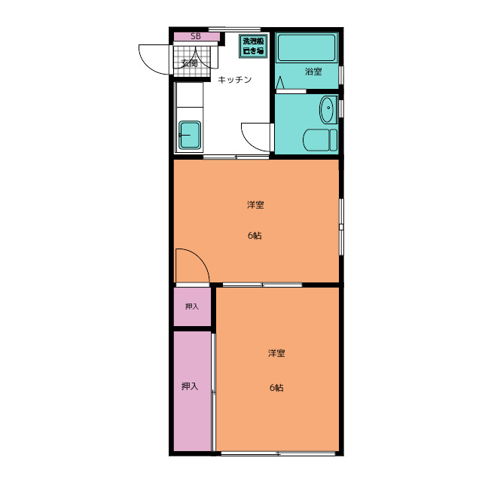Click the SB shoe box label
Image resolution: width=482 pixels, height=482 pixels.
coord(196,36)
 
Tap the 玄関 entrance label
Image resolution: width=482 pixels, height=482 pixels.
coord(189,63)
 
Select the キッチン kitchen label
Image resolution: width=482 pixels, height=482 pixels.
coord(234,80)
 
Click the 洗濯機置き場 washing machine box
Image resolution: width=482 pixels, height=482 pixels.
coord(253,46)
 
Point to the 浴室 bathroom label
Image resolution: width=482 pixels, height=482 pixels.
coord(313,72)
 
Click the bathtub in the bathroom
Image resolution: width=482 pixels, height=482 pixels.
coord(307,48)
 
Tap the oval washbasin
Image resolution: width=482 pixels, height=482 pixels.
coord(328,109)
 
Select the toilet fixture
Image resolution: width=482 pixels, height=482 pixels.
coord(320,140)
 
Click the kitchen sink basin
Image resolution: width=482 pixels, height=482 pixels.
coord(190,135)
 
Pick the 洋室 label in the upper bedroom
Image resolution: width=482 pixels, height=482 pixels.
coord(255,205)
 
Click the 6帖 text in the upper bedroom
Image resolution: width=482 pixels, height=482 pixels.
coord(255,236)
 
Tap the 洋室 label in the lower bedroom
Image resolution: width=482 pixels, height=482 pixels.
coord(276,353)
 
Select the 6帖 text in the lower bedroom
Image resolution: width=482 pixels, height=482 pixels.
coord(276,388)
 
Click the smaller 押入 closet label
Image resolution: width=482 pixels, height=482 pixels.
coord(192,307)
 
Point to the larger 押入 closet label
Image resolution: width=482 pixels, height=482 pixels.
coord(190,386)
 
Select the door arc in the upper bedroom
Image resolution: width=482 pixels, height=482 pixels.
coord(200,258)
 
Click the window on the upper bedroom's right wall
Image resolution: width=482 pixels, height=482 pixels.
coord(341,227)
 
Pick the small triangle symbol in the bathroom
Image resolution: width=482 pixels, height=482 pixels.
coord(280,82)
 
